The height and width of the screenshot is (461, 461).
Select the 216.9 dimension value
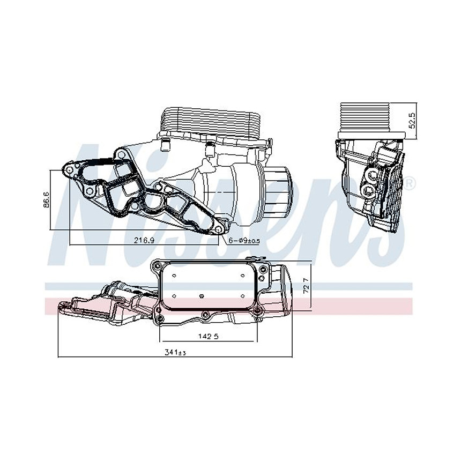pyautogui.click(x=144, y=241)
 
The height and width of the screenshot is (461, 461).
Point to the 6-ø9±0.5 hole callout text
pyautogui.click(x=244, y=241)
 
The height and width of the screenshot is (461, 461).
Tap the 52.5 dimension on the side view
pyautogui.click(x=412, y=120)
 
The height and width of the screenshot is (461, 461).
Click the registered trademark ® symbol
pyautogui.click(x=408, y=184)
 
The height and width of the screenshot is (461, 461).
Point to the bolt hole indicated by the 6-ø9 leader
pyautogui.click(x=218, y=230)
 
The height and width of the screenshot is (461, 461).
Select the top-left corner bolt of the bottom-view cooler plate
pyautogui.click(x=156, y=266)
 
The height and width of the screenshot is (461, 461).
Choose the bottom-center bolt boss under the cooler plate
pyautogui.click(x=206, y=315)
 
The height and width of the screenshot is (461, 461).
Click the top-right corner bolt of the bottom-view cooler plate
pyautogui.click(x=262, y=267)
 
